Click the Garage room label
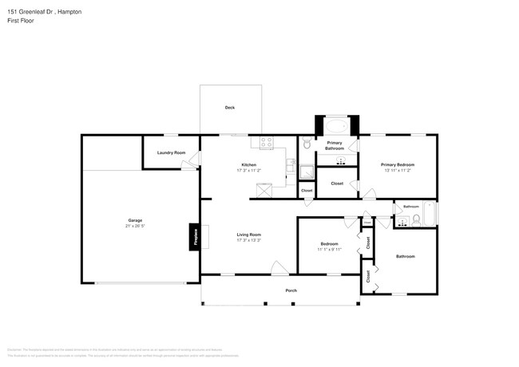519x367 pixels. click(135, 219)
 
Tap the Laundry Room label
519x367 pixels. click(171, 152)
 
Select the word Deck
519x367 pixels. click(229, 108)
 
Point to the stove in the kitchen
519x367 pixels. click(266, 143)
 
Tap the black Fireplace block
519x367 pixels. click(193, 238)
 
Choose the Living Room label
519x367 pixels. click(249, 235)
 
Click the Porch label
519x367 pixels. click(291, 290)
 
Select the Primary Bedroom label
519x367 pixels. click(397, 164)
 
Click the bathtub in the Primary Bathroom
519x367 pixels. click(336, 126)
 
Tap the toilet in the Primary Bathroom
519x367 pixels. click(307, 145)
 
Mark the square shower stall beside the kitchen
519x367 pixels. click(307, 171)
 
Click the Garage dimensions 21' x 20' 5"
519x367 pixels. click(135, 226)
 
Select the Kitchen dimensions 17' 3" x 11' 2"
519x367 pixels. click(249, 170)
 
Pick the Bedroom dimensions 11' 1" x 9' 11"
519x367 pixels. click(329, 250)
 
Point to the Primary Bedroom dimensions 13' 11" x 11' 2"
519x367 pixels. click(397, 170)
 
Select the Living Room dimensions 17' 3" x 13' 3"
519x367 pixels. click(249, 240)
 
